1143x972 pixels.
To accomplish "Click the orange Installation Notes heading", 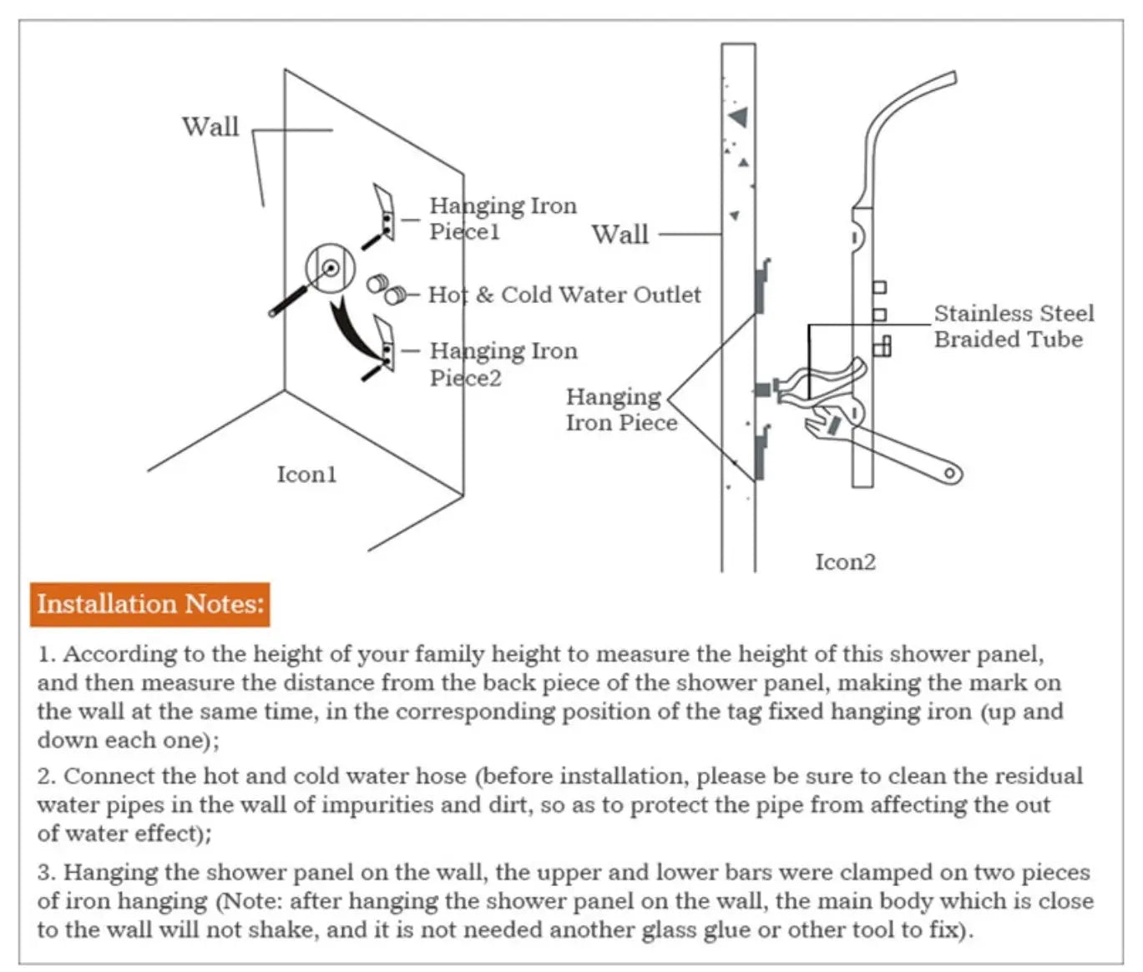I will tap(150, 604).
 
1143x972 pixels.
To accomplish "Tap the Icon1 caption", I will tap(306, 474).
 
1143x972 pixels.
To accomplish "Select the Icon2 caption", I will tap(845, 562).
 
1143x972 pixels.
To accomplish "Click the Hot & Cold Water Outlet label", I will tap(564, 295).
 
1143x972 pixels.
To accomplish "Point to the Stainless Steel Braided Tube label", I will tap(1013, 326).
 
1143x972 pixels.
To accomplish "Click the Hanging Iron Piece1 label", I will tap(503, 218).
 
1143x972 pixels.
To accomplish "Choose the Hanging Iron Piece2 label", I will tap(503, 364).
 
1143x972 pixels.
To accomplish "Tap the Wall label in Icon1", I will tap(210, 127).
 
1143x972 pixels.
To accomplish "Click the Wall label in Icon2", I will tap(620, 234).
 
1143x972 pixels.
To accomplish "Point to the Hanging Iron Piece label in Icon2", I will tap(620, 410).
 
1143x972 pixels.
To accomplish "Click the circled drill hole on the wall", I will tap(331, 268).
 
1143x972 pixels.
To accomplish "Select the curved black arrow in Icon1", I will tap(351, 330).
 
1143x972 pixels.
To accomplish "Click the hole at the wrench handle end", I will tap(950, 475).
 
